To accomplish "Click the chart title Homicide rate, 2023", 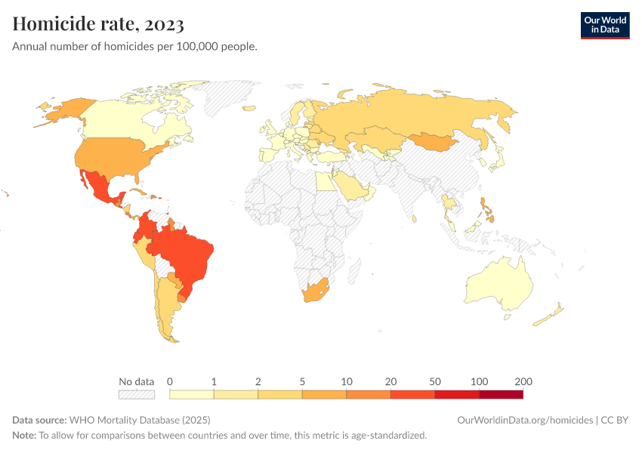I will point(98,24).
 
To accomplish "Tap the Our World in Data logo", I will point(604,25).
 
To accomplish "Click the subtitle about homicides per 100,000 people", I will point(134,47).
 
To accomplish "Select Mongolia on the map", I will point(434,141).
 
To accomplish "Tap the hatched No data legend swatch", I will point(136,394).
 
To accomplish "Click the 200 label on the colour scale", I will point(523,381).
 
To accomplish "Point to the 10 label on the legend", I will point(347,381).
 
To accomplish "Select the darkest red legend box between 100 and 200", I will point(501,394).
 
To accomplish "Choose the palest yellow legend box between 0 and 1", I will point(192,394).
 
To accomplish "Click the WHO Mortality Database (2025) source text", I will point(139,420).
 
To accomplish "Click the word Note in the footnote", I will point(23,435).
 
